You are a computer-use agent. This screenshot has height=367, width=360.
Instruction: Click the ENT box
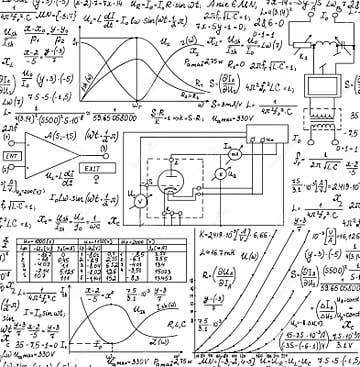pos(13,157)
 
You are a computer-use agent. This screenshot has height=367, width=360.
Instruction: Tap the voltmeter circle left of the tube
pos(141,201)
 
